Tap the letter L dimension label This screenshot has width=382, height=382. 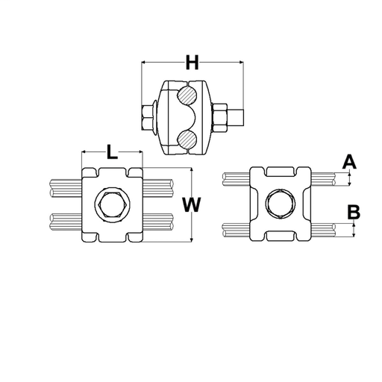pyautogui.click(x=111, y=153)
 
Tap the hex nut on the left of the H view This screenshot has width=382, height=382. pyautogui.click(x=148, y=117)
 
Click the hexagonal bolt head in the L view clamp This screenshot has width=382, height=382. pyautogui.click(x=111, y=204)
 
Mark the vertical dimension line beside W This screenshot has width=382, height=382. pyautogui.click(x=192, y=224)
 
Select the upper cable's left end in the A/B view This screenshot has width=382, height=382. pyautogui.click(x=227, y=179)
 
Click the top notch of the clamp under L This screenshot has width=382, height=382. pyautogui.click(x=111, y=172)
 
